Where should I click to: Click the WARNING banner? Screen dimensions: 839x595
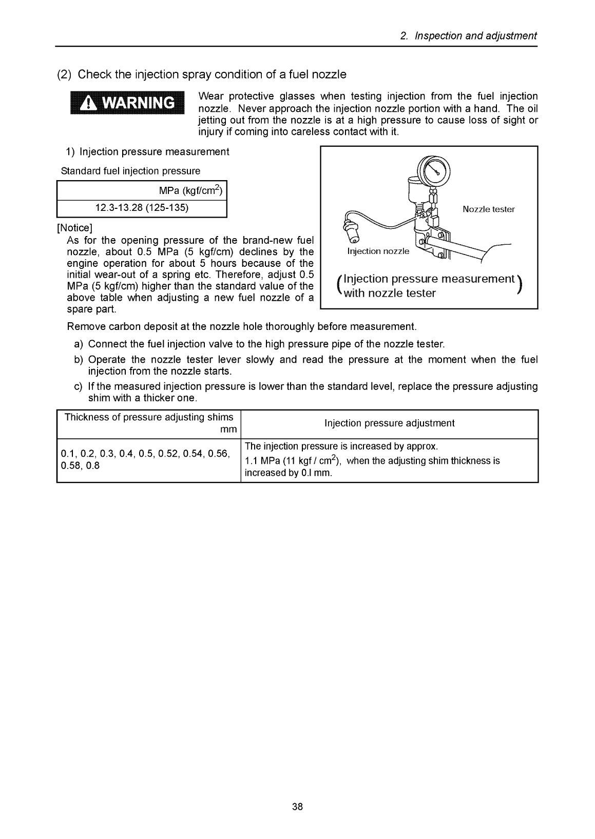[124, 103]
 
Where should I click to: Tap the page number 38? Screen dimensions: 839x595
[298, 807]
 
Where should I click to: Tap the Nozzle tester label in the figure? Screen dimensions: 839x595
[488, 209]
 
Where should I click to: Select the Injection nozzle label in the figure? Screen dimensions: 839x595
[378, 251]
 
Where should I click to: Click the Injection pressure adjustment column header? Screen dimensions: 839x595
[389, 423]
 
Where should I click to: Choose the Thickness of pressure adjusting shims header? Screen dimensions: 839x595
[148, 417]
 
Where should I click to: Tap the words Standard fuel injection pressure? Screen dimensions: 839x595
[130, 171]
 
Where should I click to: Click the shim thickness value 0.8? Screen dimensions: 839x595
[93, 466]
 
